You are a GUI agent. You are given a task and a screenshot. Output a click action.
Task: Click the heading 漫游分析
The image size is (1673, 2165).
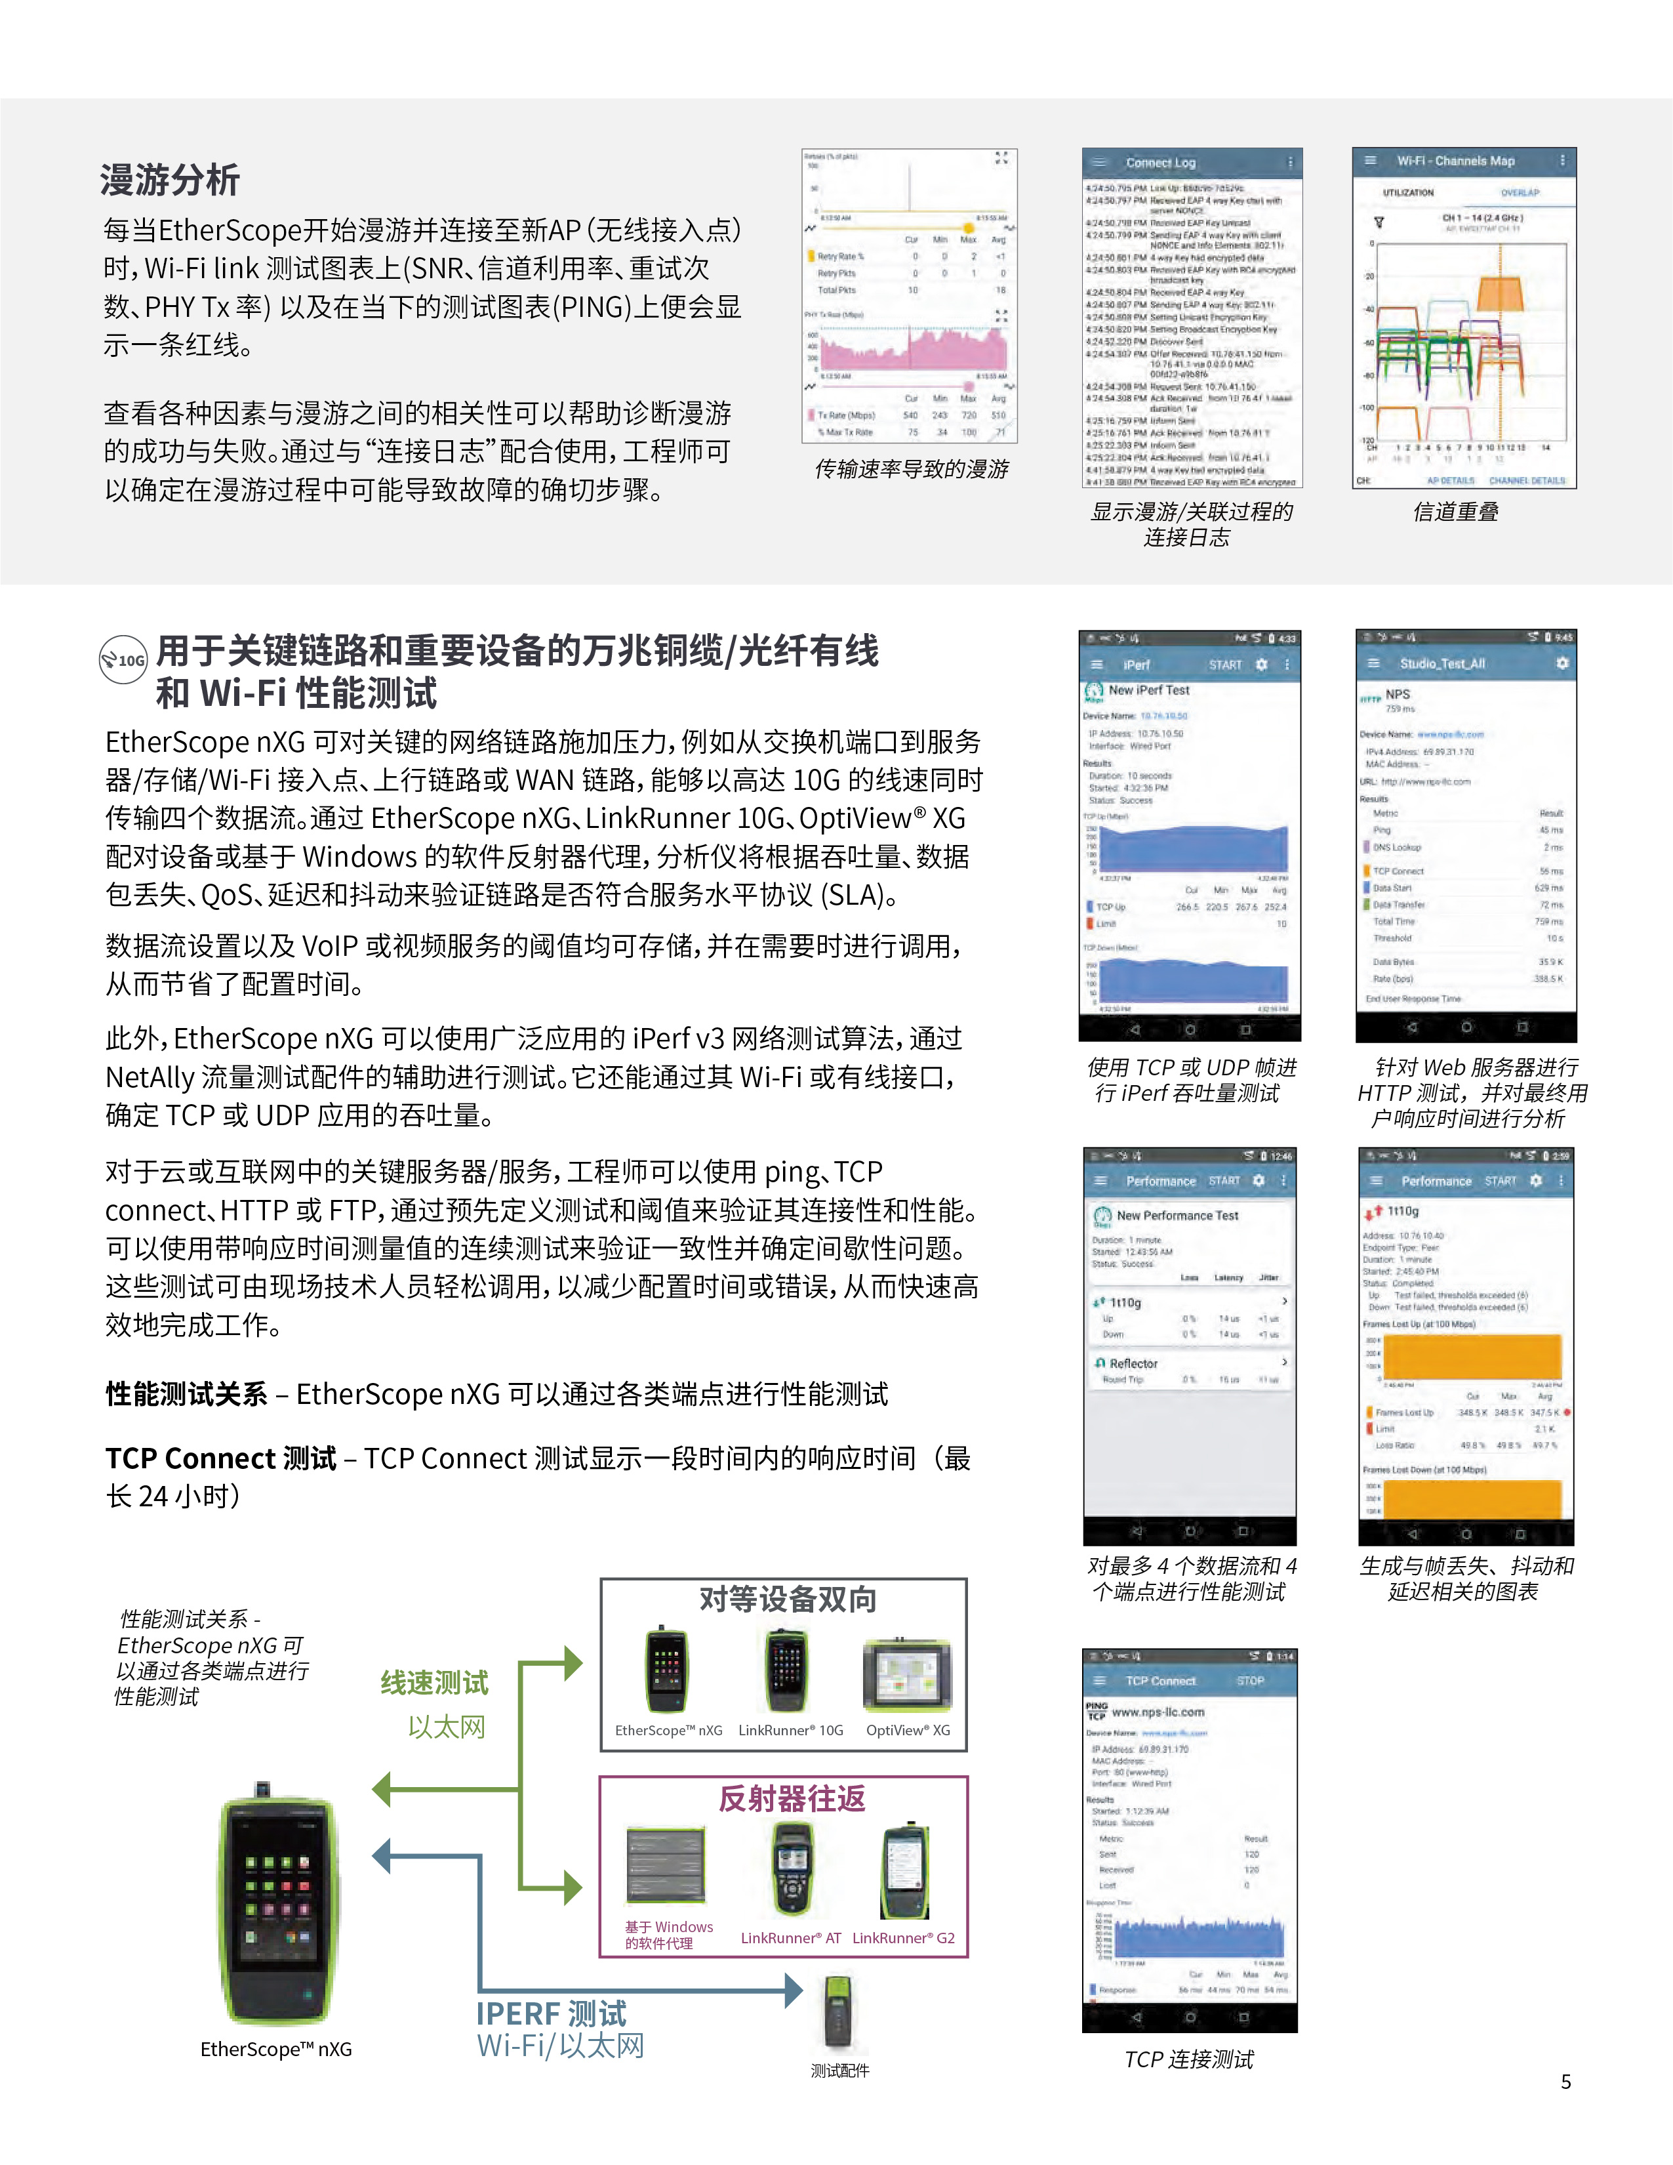coord(169,180)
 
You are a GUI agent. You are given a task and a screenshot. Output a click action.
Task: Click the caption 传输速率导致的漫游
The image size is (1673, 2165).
coord(911,469)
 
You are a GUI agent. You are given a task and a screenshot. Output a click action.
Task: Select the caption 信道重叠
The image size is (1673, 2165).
coord(1455,512)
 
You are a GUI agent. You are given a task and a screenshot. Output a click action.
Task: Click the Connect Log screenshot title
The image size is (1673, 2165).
coord(1161,163)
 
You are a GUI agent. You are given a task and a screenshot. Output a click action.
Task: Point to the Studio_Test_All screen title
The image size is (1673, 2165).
coord(1442,663)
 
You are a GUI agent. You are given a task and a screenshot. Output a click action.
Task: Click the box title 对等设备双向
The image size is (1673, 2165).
coord(788,1599)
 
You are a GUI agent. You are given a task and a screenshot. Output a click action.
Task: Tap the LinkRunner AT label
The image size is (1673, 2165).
coord(790,1938)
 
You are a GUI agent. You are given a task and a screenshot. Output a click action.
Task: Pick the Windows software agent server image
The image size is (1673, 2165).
coord(665,1865)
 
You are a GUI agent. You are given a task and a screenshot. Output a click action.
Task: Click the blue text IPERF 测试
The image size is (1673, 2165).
coord(551,2013)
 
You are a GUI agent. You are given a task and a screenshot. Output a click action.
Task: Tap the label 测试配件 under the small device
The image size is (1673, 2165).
coord(839,2071)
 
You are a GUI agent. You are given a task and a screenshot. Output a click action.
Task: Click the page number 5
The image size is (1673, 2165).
coord(1566,2082)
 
